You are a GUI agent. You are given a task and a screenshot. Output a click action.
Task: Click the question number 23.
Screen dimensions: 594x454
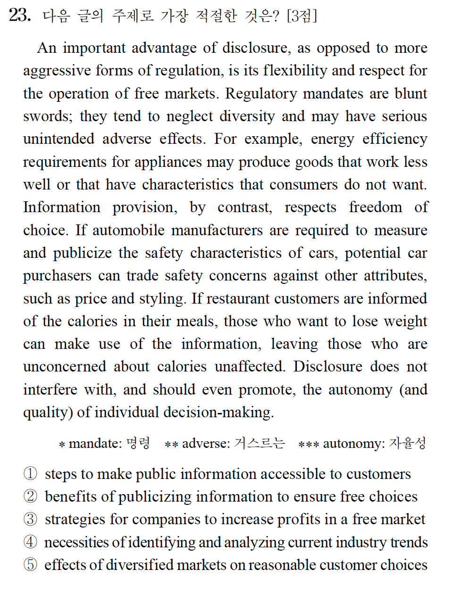[20, 15]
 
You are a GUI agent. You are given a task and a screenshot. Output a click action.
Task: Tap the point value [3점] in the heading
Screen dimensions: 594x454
[302, 16]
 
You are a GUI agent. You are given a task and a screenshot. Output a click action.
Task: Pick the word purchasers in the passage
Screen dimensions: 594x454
[57, 276]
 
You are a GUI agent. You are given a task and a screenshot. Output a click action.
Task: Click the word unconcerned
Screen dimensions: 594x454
[65, 367]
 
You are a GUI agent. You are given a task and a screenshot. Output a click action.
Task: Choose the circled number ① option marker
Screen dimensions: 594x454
[30, 473]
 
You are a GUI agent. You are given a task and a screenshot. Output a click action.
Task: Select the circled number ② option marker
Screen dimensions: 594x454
[30, 496]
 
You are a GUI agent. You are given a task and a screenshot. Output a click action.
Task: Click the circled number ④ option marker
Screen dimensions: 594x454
[30, 542]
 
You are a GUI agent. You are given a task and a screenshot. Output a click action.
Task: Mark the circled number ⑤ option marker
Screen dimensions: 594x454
[30, 564]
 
